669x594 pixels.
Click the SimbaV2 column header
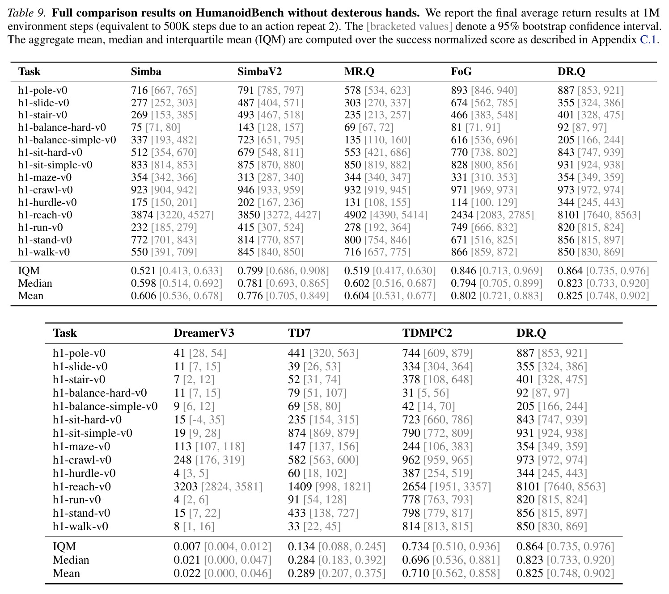(259, 71)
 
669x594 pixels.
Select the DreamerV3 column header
(204, 333)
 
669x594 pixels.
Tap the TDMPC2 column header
(427, 333)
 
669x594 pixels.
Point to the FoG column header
(461, 71)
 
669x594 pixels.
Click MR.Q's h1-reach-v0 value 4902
(356, 215)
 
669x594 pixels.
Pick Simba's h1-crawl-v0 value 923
(139, 190)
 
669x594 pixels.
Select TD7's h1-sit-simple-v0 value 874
(296, 433)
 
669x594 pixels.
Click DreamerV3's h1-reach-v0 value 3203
(185, 486)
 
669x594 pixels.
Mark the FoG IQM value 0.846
(463, 271)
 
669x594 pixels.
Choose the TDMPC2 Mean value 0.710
(415, 573)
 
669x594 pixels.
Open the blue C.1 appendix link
(648, 40)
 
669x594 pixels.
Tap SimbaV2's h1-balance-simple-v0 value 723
(246, 140)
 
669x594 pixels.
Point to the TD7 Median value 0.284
(301, 560)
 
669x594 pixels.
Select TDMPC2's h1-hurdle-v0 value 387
(411, 473)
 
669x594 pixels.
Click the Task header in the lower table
(65, 333)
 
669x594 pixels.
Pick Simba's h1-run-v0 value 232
(139, 228)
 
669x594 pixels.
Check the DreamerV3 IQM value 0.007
(187, 547)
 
